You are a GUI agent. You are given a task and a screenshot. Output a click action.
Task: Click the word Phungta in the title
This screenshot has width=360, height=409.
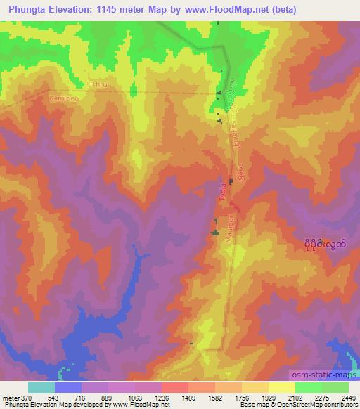pos(25,9)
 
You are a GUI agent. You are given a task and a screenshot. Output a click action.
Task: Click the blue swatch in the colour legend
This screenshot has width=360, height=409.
pos(68,387)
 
